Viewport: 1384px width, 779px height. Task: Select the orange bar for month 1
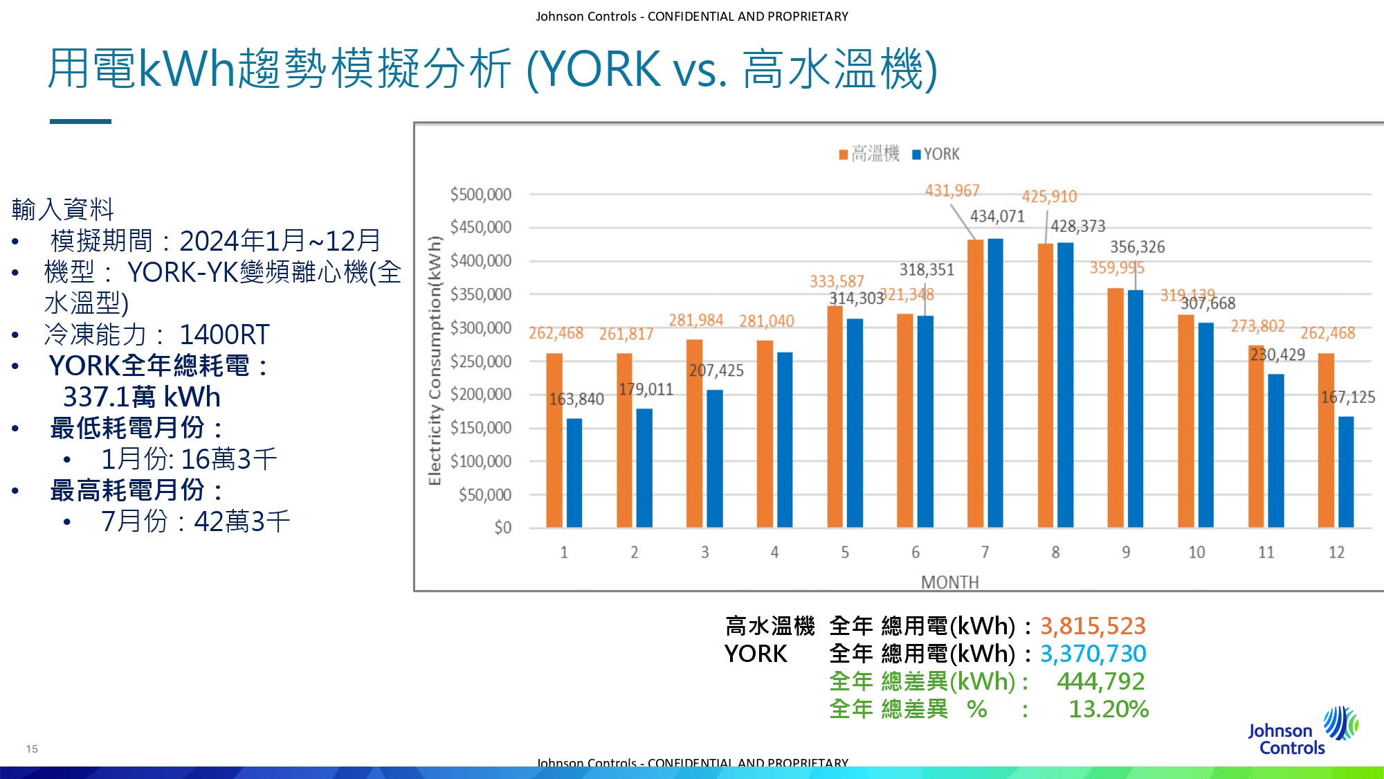click(x=554, y=440)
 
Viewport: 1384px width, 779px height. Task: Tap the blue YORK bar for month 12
click(x=1346, y=472)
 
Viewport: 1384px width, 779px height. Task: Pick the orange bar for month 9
click(x=1115, y=408)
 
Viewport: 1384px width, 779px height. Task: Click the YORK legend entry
click(x=936, y=154)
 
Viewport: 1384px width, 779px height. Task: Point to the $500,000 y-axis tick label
click(x=481, y=195)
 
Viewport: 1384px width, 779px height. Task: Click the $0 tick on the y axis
click(x=502, y=528)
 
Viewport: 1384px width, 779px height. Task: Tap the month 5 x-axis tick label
click(x=845, y=552)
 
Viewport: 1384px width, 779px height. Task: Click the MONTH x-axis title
click(x=949, y=582)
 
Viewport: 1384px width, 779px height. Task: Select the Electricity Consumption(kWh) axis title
click(x=435, y=361)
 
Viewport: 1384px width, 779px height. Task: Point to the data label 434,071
click(x=997, y=217)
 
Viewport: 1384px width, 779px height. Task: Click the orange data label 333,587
click(x=837, y=281)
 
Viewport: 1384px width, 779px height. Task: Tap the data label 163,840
click(x=576, y=400)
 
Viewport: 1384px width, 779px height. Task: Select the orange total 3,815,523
click(x=1093, y=626)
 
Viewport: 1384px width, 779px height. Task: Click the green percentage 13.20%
click(x=1109, y=709)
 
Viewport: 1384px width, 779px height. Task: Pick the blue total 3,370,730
click(x=1093, y=654)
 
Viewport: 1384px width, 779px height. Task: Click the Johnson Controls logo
click(x=1301, y=732)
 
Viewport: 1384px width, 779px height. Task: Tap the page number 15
click(x=32, y=749)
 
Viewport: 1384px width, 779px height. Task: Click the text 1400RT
click(x=224, y=334)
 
